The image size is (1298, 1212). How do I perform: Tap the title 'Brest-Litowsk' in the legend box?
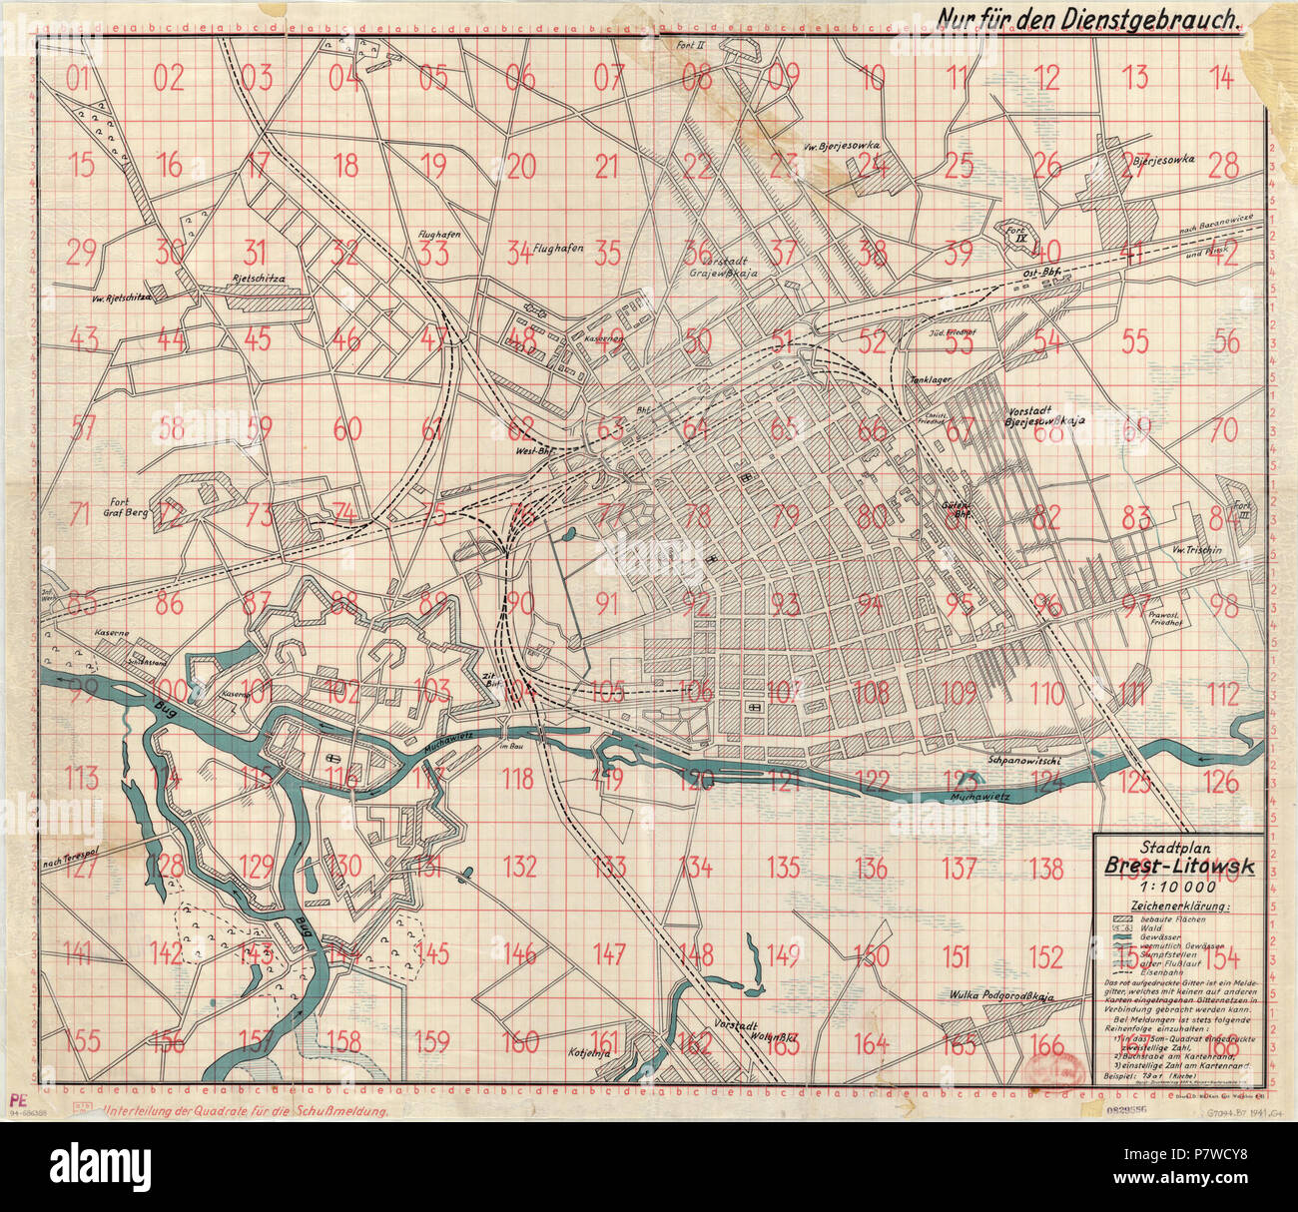(1180, 866)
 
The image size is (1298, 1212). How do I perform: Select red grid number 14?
(1221, 78)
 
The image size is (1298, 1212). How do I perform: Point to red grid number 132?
(519, 866)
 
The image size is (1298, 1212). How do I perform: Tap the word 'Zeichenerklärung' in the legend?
(1179, 906)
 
